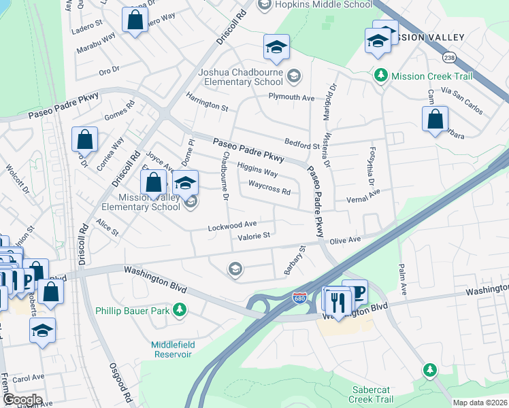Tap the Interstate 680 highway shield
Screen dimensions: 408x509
[x=299, y=298]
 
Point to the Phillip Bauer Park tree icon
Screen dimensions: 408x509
[x=180, y=310]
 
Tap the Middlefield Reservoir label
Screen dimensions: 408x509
[x=173, y=350]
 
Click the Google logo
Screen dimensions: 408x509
[x=22, y=399]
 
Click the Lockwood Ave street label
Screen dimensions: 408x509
[x=232, y=224]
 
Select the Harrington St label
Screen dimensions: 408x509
[x=207, y=105]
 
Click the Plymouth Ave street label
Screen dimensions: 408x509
[x=291, y=98]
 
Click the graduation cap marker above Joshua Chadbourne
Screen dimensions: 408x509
[x=276, y=47]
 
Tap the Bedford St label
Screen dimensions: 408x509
[x=301, y=144]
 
